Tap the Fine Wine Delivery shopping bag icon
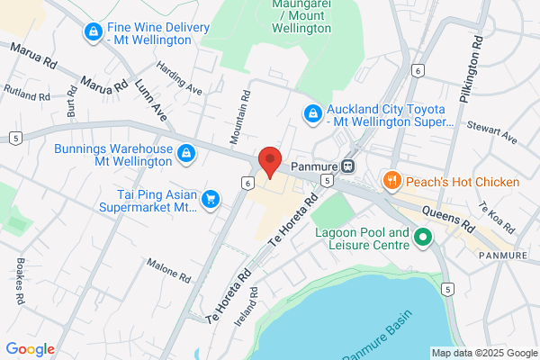pos(92,32)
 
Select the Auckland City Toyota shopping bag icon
pos(312,112)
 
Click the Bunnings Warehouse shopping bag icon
pos(185,154)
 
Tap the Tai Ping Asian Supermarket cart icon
pos(211,198)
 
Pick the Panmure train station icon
pos(348,166)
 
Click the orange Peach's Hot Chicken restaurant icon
pos(391,182)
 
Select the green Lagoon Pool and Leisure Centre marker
pos(424,238)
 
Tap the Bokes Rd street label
pos(20,286)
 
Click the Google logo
pos(30,348)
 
